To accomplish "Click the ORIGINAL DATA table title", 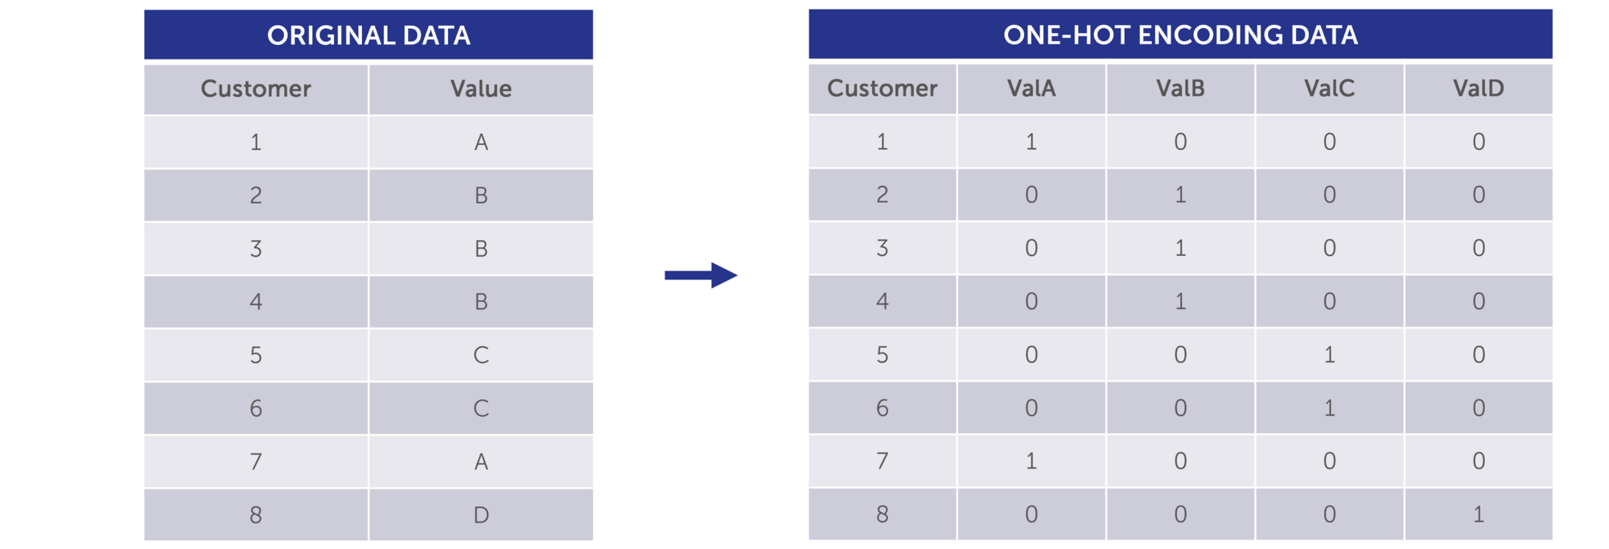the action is (368, 35).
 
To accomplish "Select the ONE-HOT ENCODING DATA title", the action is (1180, 35).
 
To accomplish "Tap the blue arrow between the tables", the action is (701, 275).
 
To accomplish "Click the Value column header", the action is (481, 89).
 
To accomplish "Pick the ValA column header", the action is (1031, 88).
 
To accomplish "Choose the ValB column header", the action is (1180, 88).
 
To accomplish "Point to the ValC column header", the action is (1329, 88).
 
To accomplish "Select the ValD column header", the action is (1479, 88).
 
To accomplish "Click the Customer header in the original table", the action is (256, 89).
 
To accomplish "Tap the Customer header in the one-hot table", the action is (883, 88).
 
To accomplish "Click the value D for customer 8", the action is (481, 514).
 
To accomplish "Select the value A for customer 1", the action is (481, 142).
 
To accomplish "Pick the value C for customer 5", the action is (481, 355).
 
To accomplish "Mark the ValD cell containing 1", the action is (1479, 514).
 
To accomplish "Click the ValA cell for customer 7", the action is (1031, 461).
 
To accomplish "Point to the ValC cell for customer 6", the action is (1329, 408).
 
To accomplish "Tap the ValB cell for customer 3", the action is (1180, 248).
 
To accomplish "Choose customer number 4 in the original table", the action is (256, 302).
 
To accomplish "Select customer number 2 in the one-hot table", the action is (883, 195).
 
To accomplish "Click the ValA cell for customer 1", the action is (1031, 142).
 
